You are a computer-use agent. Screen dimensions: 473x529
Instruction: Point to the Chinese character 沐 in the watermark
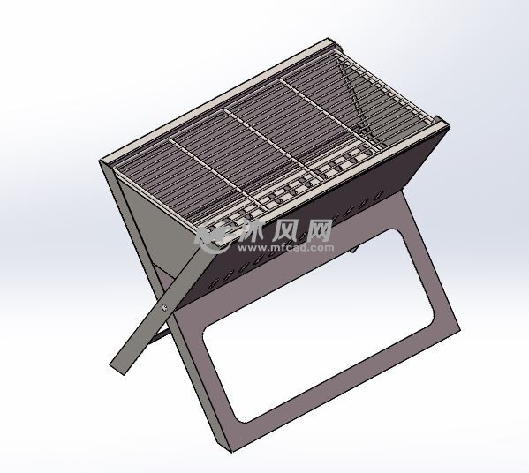coord(253,232)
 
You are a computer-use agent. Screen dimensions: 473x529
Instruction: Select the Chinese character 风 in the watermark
coord(287,232)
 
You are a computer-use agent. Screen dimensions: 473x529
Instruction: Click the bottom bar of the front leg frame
coord(344,388)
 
